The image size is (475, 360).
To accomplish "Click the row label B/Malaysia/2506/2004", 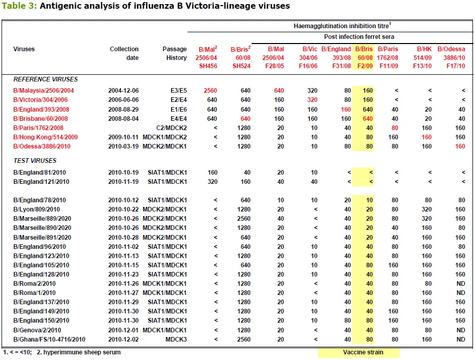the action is (x=44, y=91).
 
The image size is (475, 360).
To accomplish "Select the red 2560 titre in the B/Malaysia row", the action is (x=210, y=91).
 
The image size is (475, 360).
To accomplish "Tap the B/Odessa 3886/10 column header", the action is (x=451, y=57).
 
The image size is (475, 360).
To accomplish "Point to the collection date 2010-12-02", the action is (x=123, y=340).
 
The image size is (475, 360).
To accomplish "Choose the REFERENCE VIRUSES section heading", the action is (x=46, y=79).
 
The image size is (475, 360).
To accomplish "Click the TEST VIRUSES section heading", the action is (x=35, y=160).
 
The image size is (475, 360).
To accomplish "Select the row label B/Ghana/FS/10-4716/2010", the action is (x=49, y=340).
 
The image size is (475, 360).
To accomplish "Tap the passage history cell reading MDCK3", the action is (x=176, y=340).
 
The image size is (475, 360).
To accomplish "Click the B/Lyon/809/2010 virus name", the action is (x=36, y=209).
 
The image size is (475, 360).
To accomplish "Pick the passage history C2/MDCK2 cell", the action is (x=172, y=128).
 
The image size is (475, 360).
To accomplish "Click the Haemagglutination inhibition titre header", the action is (x=342, y=26).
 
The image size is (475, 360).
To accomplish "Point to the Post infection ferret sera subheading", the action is (x=359, y=37).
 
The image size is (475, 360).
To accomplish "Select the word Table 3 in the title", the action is (x=19, y=6).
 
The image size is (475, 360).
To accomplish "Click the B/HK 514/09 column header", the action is (x=422, y=57).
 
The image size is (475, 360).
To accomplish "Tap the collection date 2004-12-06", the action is (x=123, y=91).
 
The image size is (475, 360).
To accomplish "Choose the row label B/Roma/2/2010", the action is (x=34, y=284).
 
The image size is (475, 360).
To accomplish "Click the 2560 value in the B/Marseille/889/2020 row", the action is (x=243, y=219).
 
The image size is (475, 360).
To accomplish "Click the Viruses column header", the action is (x=24, y=49).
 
